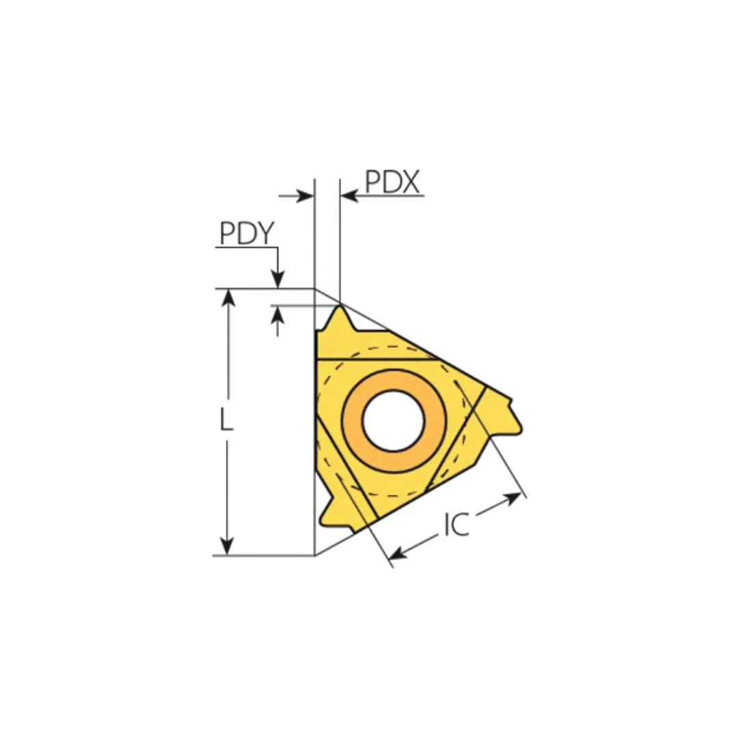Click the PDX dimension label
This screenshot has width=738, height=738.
[392, 182]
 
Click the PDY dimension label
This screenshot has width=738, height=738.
[247, 233]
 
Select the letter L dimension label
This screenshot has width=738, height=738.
[226, 420]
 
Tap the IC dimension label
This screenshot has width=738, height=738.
[456, 524]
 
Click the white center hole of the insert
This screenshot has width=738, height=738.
[394, 421]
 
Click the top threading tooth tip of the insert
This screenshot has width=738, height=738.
[340, 306]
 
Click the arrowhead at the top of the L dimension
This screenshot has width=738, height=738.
[228, 297]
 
